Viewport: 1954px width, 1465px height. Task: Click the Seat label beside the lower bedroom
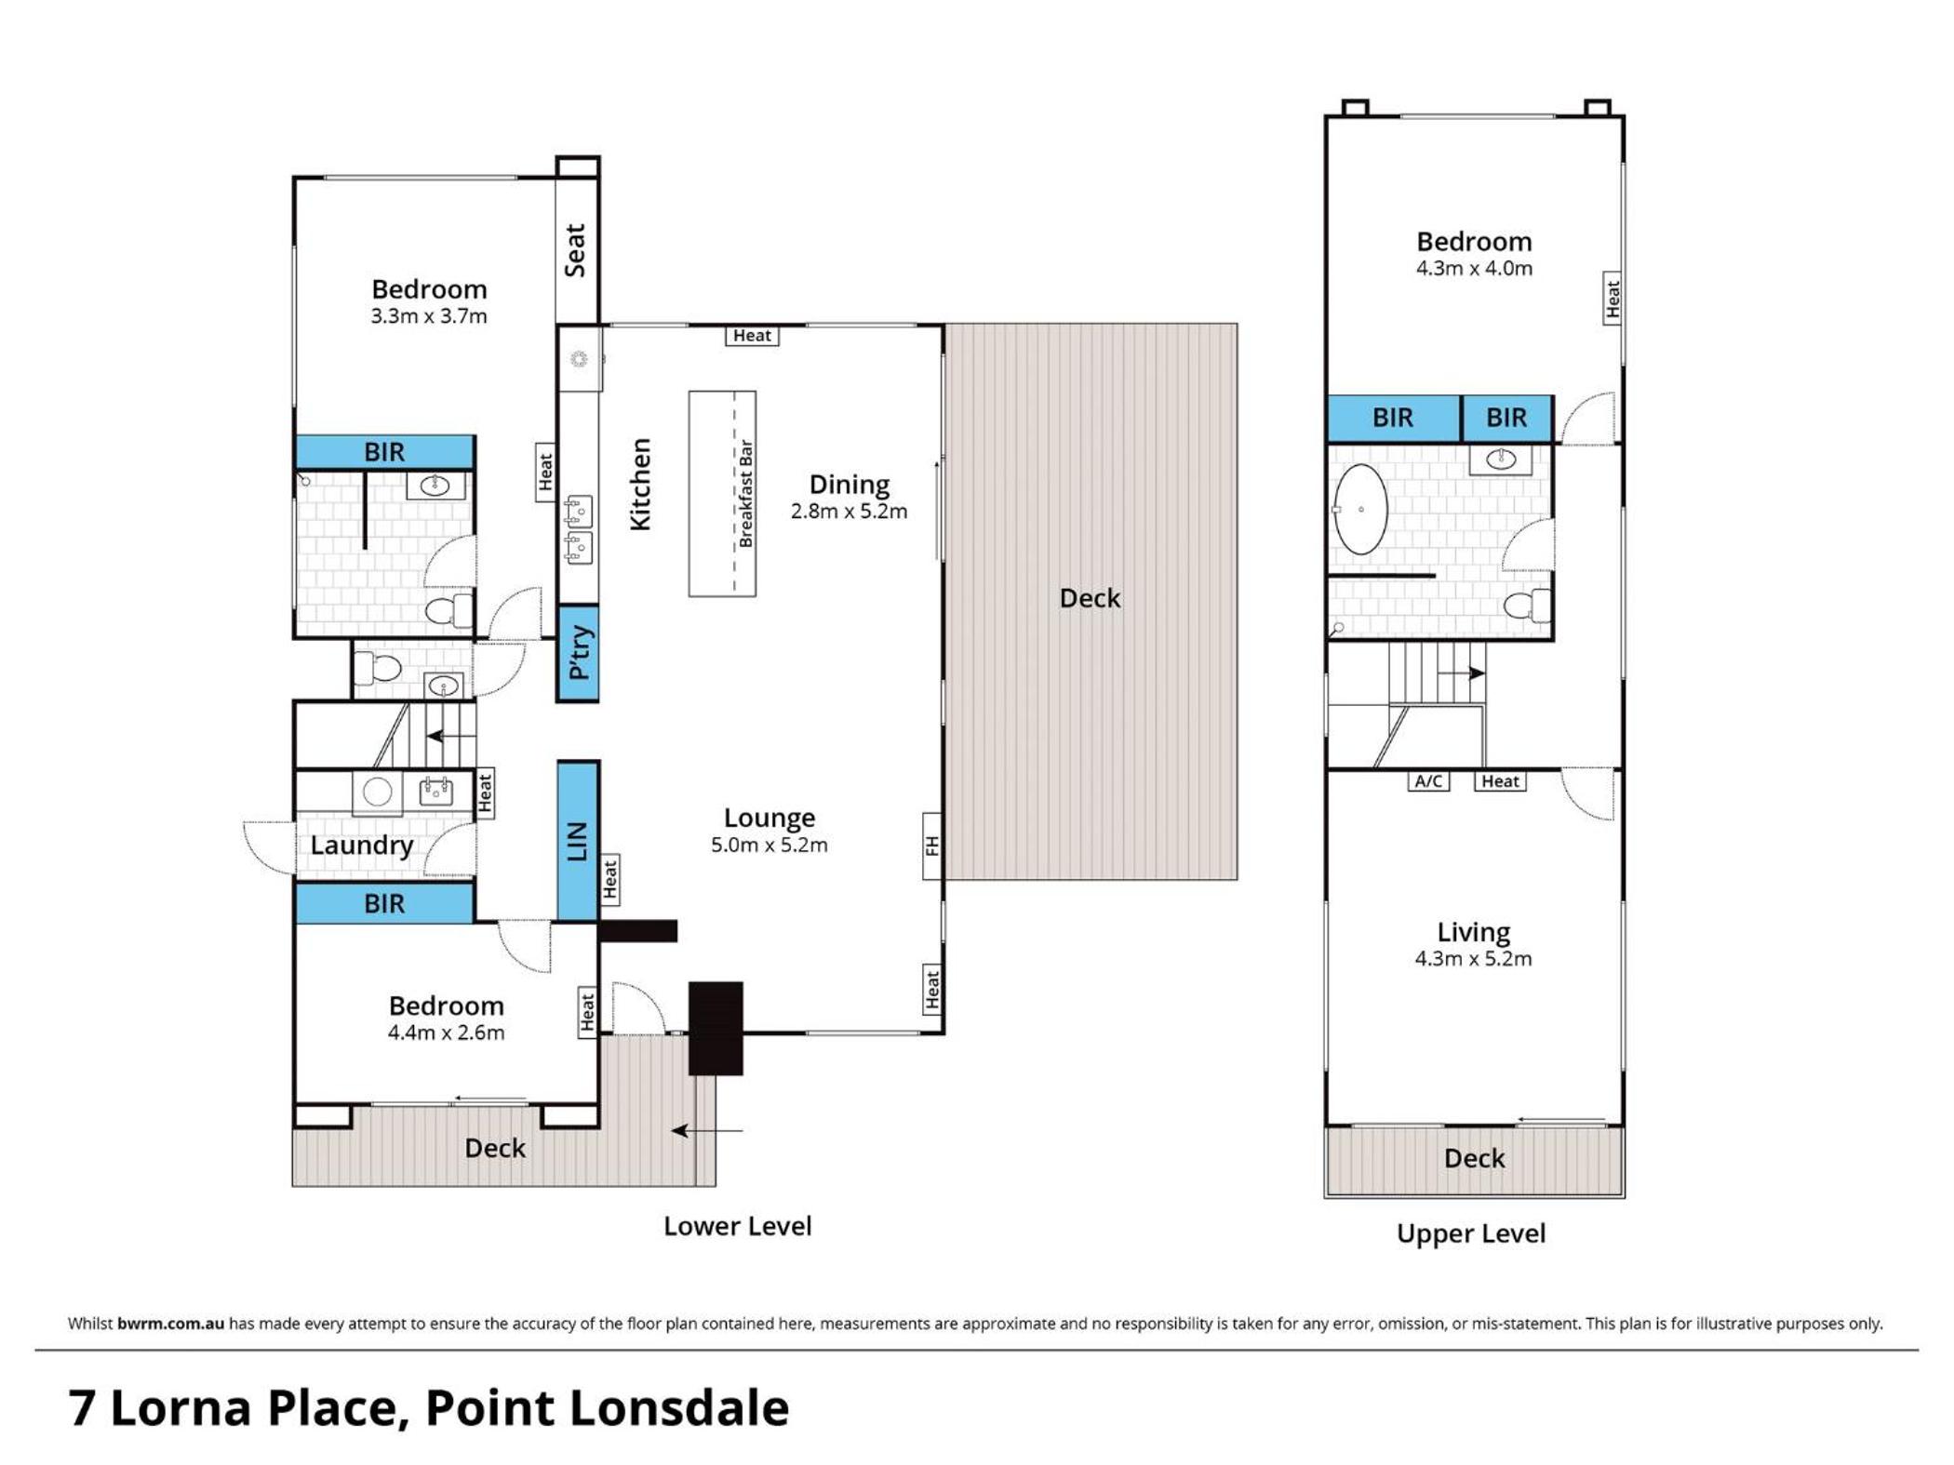pyautogui.click(x=575, y=250)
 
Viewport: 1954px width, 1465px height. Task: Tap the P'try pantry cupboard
pyautogui.click(x=578, y=653)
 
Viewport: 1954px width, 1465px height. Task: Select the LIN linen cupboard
pyautogui.click(x=578, y=842)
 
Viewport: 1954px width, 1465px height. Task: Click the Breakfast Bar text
pyautogui.click(x=745, y=493)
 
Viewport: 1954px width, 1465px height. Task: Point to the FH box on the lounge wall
pyautogui.click(x=932, y=846)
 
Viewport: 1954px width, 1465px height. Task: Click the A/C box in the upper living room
pyautogui.click(x=1428, y=781)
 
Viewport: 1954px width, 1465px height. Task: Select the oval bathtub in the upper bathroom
pyautogui.click(x=1360, y=510)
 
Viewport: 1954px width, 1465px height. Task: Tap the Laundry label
pyautogui.click(x=361, y=846)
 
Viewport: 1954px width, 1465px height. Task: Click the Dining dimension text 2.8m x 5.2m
pyautogui.click(x=849, y=511)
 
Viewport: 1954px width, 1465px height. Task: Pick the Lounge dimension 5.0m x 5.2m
pyautogui.click(x=769, y=845)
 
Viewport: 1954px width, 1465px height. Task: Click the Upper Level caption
pyautogui.click(x=1470, y=1234)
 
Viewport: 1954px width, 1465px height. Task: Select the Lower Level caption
pyautogui.click(x=737, y=1226)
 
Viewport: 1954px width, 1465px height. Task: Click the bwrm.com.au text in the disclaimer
pyautogui.click(x=170, y=1324)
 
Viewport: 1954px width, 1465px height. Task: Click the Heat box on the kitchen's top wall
pyautogui.click(x=752, y=336)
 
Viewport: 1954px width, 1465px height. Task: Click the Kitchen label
pyautogui.click(x=640, y=485)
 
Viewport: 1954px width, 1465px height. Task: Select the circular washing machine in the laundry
pyautogui.click(x=377, y=792)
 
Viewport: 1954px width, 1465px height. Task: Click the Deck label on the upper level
pyautogui.click(x=1474, y=1158)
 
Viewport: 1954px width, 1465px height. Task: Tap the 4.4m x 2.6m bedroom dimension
pyautogui.click(x=446, y=1032)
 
